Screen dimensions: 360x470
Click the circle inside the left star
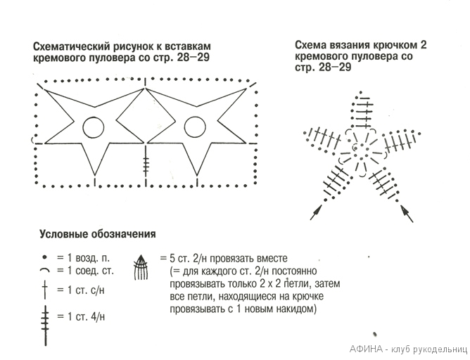coord(92,127)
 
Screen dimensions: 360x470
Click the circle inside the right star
coord(194,127)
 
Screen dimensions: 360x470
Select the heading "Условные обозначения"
coord(96,233)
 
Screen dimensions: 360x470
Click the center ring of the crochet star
coord(360,148)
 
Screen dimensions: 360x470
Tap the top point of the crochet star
coord(361,98)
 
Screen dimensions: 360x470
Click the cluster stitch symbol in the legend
coord(141,268)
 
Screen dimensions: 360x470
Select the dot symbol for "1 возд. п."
coord(44,258)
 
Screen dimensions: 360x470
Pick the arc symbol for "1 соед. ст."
coord(44,271)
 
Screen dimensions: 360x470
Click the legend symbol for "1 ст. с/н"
coord(44,290)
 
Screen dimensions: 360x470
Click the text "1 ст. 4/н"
coord(84,317)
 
